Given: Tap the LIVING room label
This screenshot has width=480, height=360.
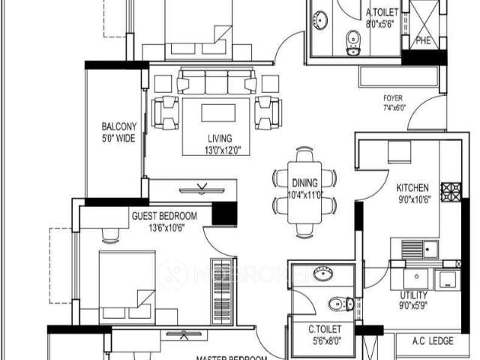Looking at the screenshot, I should [220, 139].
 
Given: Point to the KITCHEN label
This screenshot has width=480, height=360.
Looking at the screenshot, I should [412, 187].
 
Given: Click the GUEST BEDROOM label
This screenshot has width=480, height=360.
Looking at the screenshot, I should [163, 217].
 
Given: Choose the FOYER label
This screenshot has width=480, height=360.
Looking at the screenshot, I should [393, 98].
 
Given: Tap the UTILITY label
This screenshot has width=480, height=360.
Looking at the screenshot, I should [414, 295].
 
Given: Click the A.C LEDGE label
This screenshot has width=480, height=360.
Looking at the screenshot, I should [433, 341].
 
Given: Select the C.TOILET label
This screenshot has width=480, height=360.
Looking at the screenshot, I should [325, 329].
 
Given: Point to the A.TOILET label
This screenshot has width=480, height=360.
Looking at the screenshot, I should [381, 13].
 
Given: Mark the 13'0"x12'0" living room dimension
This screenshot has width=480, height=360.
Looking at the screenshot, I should [220, 150].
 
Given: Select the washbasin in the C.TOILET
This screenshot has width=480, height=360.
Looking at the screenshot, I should [324, 274].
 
